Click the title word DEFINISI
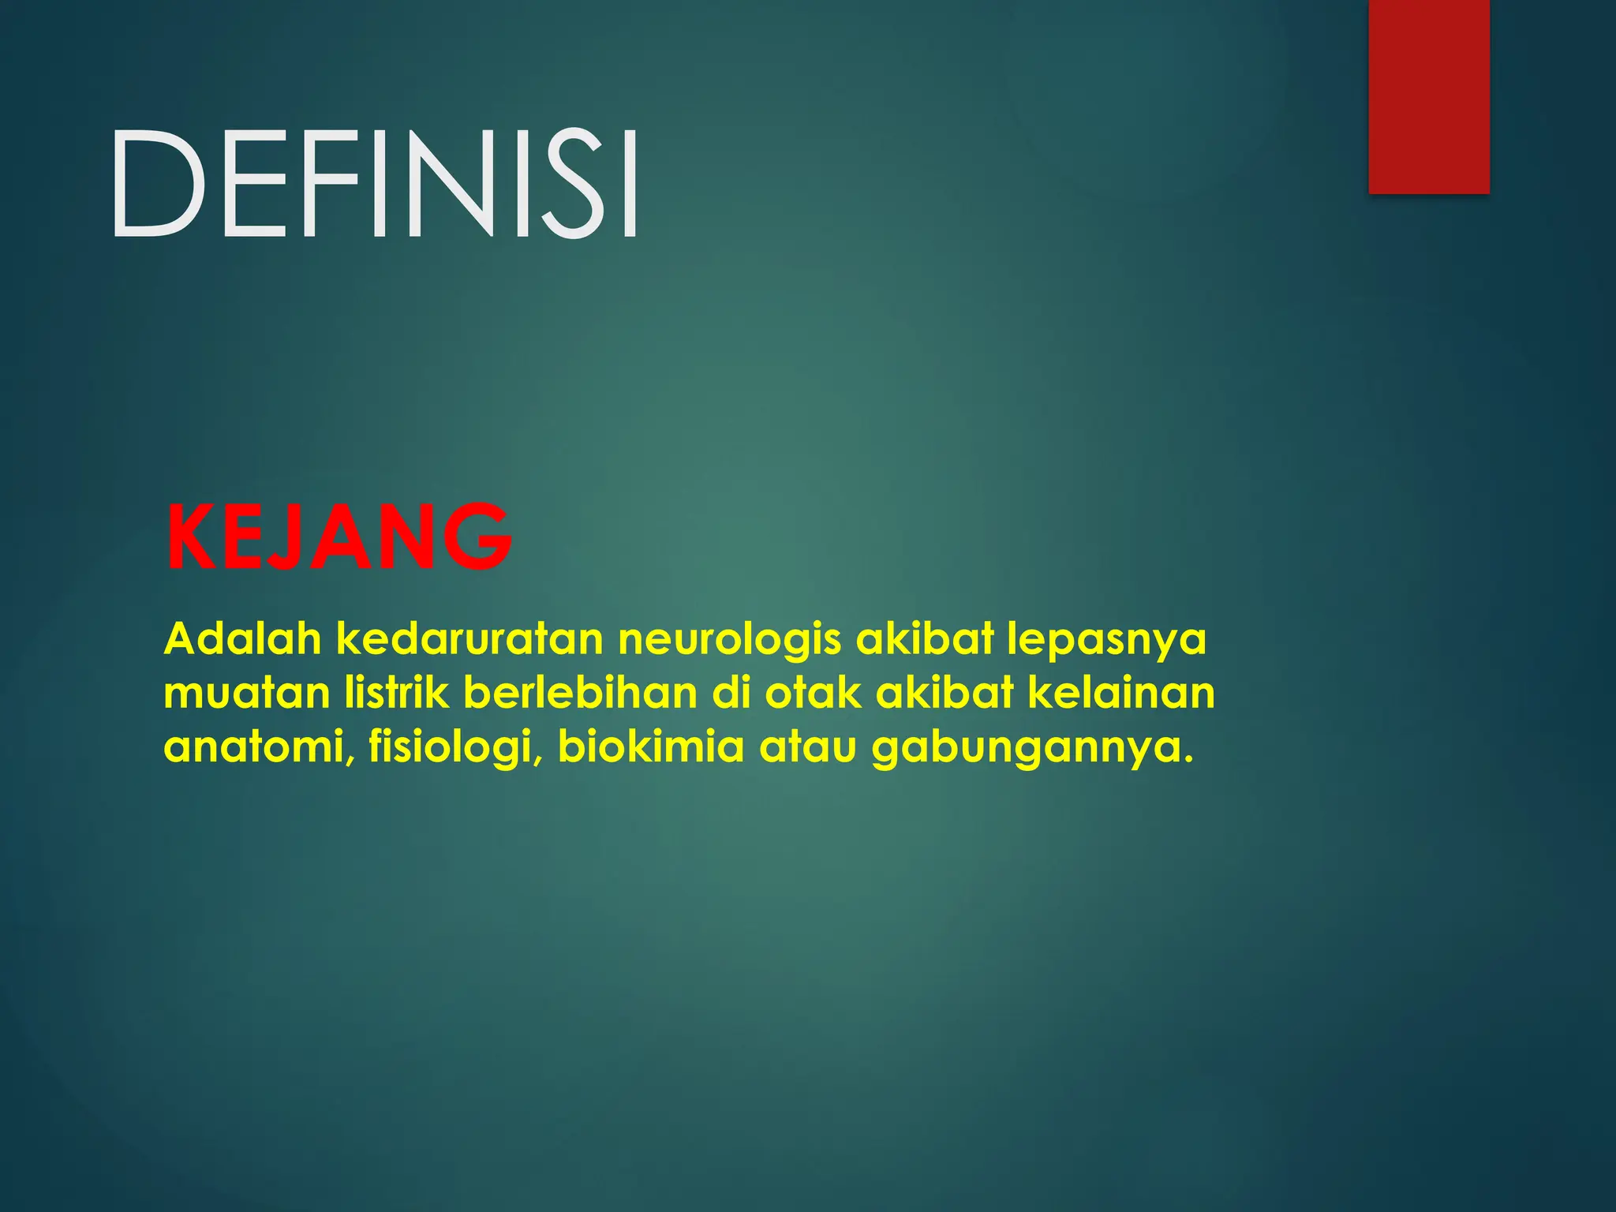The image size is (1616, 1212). tap(375, 184)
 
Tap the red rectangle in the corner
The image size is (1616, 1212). tap(1428, 96)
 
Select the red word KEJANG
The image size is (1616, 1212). tap(339, 537)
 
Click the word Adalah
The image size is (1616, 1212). tap(243, 638)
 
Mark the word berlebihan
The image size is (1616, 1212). tap(580, 694)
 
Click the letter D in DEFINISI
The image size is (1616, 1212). tap(157, 184)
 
